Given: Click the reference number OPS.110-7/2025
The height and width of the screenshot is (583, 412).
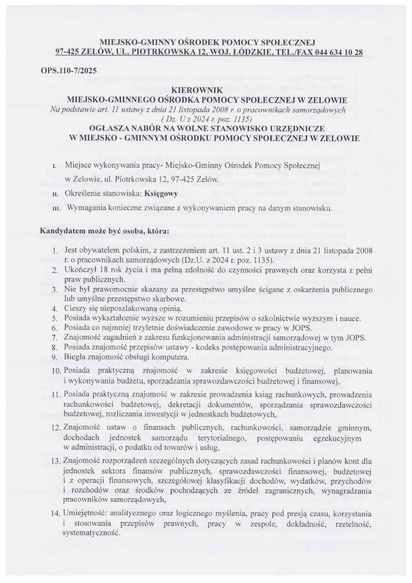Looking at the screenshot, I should point(68,71).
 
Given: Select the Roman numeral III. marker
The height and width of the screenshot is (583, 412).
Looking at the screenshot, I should point(55,209).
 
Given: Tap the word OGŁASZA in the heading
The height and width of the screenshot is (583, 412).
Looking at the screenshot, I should point(110,128).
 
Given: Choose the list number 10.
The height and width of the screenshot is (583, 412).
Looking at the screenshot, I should point(56,371).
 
